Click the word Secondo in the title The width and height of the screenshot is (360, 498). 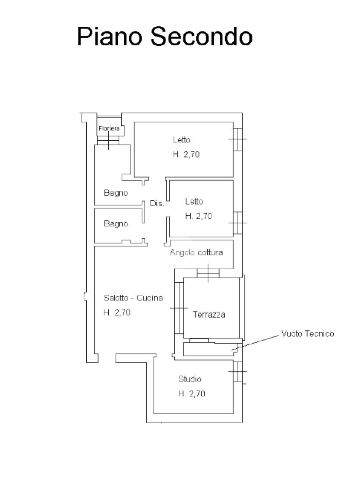coord(201,37)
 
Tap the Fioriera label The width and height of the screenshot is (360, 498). coord(109,129)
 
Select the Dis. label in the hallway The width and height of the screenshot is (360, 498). coord(157,203)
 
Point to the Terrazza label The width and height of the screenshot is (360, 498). coord(209,315)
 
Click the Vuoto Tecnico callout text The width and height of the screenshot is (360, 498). coord(308,334)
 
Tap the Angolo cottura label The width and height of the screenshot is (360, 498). coord(196,252)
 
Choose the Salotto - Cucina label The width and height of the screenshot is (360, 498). coord(133,298)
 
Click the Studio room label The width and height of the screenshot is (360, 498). coord(190,379)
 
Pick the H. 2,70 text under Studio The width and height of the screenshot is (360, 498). coord(192,394)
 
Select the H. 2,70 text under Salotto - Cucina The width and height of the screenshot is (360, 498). coord(117,312)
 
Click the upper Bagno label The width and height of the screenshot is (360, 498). coord(116,193)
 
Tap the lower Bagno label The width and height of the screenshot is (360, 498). coord(116,224)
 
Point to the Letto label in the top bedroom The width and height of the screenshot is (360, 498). coord(182,139)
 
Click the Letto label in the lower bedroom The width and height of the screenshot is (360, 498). coord(194,202)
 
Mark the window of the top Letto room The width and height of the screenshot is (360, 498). coord(238,139)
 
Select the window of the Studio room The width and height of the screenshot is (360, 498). coord(238,371)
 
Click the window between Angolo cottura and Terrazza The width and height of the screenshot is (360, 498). coord(208,273)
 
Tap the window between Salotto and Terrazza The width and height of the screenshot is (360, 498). coord(179,308)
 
